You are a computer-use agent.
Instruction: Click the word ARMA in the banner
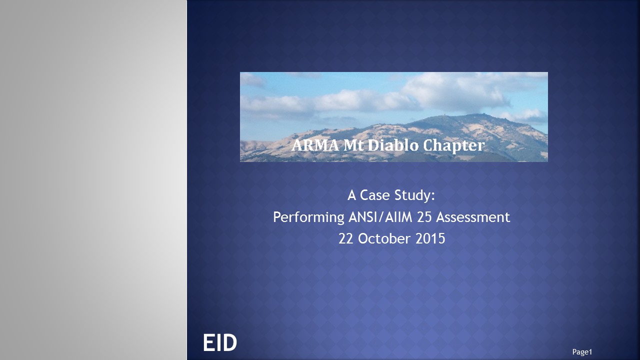315,145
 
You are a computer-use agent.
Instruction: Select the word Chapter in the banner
453,146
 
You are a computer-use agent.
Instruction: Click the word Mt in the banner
353,145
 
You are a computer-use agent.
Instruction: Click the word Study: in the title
414,195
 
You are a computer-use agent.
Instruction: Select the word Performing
308,217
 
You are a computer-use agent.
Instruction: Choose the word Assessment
473,217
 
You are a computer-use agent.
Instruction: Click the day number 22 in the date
346,238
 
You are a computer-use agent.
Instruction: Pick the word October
384,238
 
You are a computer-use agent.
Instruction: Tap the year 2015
430,238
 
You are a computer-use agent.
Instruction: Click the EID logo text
219,342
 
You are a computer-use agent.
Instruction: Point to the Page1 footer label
582,352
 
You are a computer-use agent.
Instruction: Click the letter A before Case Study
351,195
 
